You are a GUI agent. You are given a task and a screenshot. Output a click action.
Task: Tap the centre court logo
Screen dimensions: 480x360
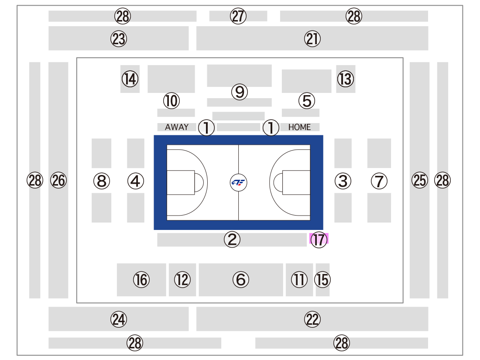tap(238, 182)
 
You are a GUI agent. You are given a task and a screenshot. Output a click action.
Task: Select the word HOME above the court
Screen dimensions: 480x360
tap(299, 127)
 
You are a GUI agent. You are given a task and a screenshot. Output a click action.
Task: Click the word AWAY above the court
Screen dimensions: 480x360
tap(177, 127)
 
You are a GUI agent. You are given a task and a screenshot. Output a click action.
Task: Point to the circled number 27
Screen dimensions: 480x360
tap(238, 16)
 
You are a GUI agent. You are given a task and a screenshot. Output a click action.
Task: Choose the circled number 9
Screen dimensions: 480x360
tap(240, 92)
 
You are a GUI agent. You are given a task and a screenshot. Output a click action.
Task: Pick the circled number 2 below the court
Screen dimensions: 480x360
tap(232, 240)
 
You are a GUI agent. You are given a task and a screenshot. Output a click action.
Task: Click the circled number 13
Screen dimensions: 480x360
tap(346, 79)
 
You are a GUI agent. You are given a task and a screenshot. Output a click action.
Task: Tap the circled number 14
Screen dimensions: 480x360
tap(130, 79)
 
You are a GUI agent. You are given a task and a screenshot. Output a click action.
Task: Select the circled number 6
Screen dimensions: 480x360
tap(241, 279)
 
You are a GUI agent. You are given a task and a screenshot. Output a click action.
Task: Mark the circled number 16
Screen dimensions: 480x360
tap(141, 279)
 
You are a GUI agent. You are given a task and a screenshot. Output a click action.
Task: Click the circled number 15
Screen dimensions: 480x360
tap(322, 279)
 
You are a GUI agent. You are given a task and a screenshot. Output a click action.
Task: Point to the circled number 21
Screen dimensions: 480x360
tap(312, 39)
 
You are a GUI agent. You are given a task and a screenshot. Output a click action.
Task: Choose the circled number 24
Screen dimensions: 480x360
tap(119, 319)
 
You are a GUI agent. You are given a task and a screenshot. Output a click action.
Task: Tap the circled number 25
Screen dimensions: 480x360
tap(420, 180)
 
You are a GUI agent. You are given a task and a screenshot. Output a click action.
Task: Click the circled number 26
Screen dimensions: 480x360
tap(58, 180)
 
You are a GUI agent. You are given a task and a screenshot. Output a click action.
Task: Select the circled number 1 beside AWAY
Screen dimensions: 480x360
tap(206, 127)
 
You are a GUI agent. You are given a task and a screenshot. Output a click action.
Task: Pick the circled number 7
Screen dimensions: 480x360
tap(379, 181)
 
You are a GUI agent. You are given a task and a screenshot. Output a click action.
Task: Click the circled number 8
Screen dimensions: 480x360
tap(102, 181)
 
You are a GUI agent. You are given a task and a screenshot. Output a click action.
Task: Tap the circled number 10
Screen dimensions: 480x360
tap(171, 101)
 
